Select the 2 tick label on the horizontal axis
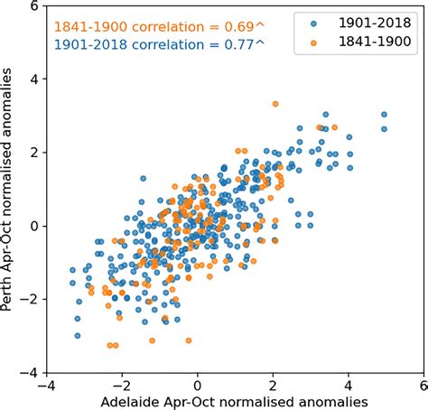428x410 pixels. [273, 383]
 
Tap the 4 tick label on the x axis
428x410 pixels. [347, 383]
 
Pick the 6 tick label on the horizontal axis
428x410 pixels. [421, 383]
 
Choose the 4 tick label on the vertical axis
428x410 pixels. [33, 79]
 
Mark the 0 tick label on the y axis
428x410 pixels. [33, 226]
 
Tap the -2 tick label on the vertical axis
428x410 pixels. [29, 299]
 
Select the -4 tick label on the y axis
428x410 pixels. [29, 372]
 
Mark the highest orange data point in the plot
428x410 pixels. [275, 104]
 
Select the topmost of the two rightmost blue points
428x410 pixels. [384, 115]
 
